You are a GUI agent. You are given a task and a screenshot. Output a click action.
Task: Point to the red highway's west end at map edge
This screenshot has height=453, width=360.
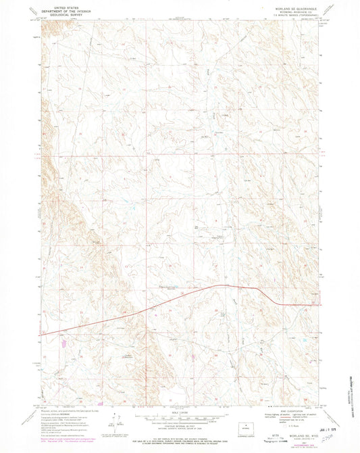pos(42,333)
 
